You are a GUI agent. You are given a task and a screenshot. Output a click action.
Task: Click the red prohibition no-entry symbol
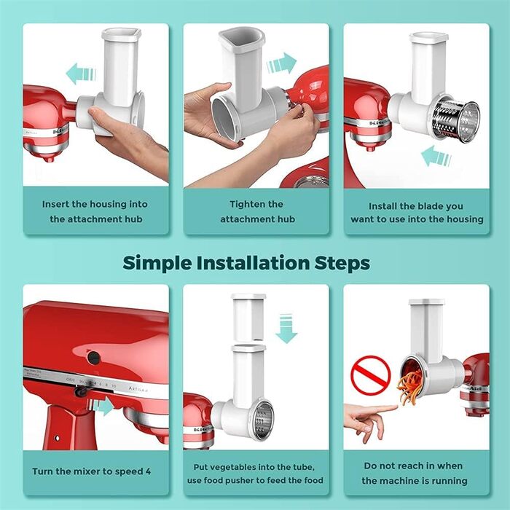pos(371,375)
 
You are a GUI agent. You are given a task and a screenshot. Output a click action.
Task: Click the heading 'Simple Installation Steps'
pos(246,262)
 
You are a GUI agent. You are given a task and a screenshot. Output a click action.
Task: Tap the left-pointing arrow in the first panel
pos(81,73)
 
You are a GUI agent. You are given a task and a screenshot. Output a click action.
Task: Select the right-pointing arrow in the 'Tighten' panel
pos(281,63)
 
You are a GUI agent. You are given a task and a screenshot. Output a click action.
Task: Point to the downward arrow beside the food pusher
pos(286,327)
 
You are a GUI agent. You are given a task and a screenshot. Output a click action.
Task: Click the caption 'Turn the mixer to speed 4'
pos(93,471)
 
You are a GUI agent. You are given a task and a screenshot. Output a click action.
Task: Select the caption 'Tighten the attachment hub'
pos(256,211)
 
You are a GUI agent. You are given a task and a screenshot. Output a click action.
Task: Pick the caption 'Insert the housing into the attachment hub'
pos(95,211)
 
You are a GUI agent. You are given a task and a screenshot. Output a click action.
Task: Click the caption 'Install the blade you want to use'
pos(416,212)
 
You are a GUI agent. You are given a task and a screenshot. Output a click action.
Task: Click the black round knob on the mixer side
pos(93,357)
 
